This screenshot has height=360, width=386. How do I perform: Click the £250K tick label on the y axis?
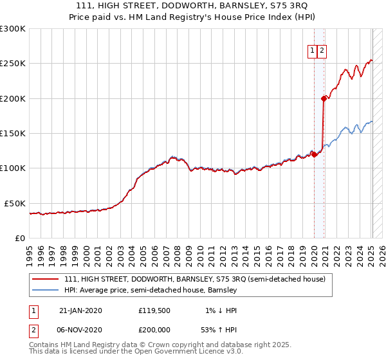(x=13, y=64)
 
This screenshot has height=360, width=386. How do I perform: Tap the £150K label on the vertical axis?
(x=13, y=133)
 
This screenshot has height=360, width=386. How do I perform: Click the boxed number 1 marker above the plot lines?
(x=312, y=51)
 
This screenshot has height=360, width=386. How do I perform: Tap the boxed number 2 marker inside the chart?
(x=322, y=51)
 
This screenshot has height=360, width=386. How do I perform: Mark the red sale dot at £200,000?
(x=324, y=98)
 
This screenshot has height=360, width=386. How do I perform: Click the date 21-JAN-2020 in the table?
(x=80, y=310)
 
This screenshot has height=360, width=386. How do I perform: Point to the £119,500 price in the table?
(x=155, y=310)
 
